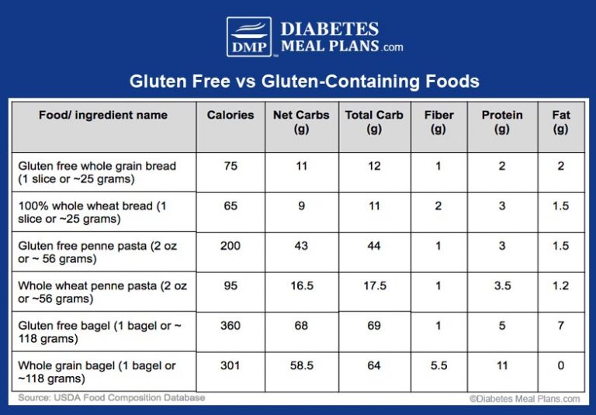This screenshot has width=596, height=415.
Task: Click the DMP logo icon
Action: [249, 37]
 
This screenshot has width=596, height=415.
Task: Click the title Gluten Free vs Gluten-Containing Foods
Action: [303, 81]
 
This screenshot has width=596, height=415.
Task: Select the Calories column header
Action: [230, 115]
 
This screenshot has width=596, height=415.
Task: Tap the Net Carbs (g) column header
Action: [302, 122]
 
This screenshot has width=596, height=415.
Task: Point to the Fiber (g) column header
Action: [438, 122]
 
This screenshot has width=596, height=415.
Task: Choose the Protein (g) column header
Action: [502, 122]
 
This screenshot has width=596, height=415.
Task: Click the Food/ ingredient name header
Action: [103, 115]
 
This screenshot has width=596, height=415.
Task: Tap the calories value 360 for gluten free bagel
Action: [230, 326]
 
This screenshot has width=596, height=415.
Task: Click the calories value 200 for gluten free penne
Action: [230, 246]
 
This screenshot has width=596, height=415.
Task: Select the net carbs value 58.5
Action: [302, 365]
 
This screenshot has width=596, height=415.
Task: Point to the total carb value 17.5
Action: [374, 285]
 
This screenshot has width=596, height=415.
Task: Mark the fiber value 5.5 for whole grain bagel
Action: [438, 365]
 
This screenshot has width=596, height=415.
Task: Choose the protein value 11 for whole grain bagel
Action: [502, 365]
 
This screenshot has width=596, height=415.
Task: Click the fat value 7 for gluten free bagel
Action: [560, 326]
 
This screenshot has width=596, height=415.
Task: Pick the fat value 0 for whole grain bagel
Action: [560, 365]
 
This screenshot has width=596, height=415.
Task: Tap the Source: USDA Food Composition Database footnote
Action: [112, 398]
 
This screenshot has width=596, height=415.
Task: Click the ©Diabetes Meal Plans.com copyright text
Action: [524, 399]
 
